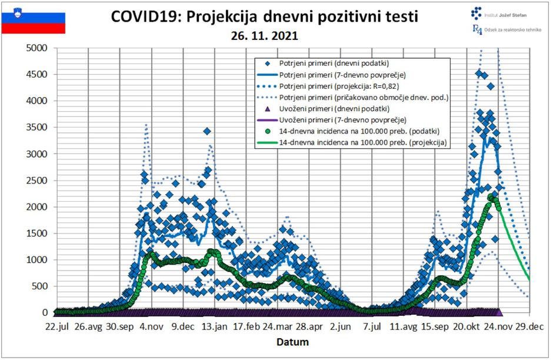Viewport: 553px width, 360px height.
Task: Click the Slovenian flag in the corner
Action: coord(34,23)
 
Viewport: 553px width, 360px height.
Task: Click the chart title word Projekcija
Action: coord(229,17)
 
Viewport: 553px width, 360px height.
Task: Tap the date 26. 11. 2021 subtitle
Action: coord(264,36)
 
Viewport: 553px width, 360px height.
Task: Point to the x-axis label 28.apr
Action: coord(308,326)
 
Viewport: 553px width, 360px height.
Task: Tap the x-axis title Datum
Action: coord(292,341)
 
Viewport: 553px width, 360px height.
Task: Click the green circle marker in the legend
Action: coord(267,131)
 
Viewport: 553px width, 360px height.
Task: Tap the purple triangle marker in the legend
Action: coord(267,109)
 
